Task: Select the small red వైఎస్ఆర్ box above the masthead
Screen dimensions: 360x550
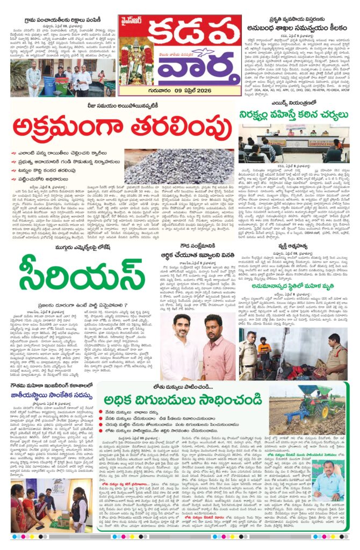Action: coord(134,22)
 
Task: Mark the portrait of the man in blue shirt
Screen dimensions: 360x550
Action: coord(328,484)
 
